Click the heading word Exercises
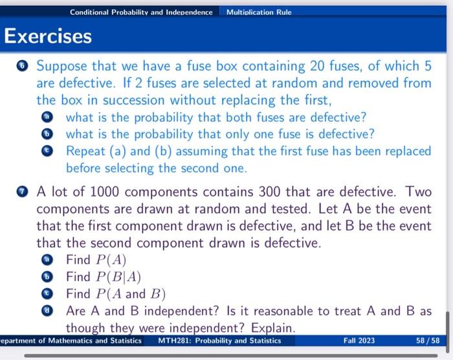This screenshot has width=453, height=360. coord(49,36)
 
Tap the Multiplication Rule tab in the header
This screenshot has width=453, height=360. coord(259,12)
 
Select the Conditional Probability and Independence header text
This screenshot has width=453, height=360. coord(141,12)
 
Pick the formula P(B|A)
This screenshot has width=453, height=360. coord(118,277)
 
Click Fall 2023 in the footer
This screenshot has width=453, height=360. coord(360,341)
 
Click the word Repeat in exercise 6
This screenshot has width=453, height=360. coord(87,151)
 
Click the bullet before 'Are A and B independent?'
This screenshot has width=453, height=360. coord(52,311)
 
